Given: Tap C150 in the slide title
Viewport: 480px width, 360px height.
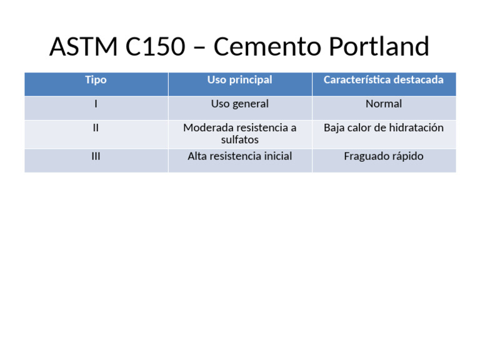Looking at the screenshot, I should (164, 47).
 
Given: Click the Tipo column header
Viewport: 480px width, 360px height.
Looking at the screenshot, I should (96, 80).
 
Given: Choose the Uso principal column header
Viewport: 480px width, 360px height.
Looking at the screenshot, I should (240, 80).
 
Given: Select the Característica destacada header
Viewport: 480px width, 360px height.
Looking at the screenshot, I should (384, 80).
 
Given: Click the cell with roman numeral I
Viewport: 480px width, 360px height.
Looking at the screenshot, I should (96, 104).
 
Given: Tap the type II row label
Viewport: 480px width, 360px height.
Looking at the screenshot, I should (96, 127).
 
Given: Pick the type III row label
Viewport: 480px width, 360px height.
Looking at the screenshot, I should (96, 156).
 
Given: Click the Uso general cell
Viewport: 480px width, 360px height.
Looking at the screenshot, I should (240, 104).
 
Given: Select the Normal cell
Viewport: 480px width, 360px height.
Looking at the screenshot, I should (384, 104).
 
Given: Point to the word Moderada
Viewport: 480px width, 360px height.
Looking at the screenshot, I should (208, 127).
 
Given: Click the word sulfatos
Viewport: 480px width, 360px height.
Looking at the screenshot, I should (240, 140).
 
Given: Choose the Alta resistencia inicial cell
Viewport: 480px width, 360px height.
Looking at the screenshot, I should (240, 156).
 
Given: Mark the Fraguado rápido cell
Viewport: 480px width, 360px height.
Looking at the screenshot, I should (384, 156).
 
